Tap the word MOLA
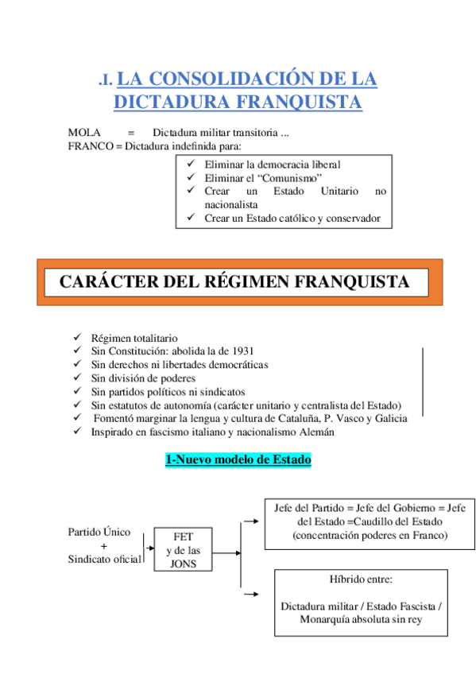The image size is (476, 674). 83,132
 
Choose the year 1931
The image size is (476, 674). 241,351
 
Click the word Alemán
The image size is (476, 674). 316,432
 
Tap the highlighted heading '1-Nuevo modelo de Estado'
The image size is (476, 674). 238,459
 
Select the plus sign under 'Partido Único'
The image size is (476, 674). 103,546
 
